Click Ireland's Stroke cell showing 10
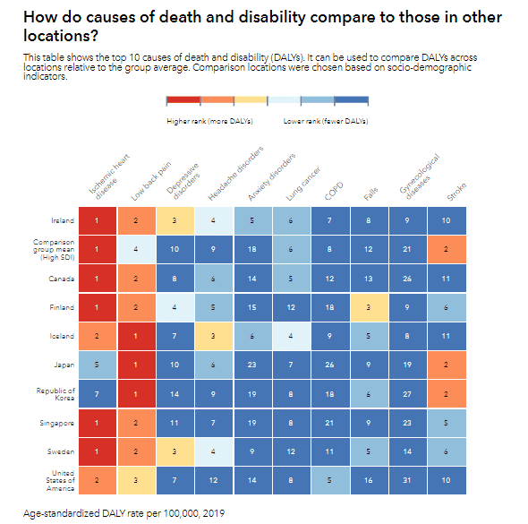447,220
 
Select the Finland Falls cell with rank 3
370,307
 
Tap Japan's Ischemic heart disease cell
98,365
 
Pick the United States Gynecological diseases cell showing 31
408,480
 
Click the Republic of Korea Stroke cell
447,394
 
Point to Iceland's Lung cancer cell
292,336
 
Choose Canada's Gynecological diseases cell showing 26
408,279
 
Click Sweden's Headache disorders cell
214,451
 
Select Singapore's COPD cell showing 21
330,423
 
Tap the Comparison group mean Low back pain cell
136,249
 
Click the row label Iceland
62,336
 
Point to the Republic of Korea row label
55,394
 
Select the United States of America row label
60,480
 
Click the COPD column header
334,191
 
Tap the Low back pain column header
151,181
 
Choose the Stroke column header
456,192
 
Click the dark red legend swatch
183,100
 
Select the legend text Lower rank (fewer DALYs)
326,121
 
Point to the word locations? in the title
61,36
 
